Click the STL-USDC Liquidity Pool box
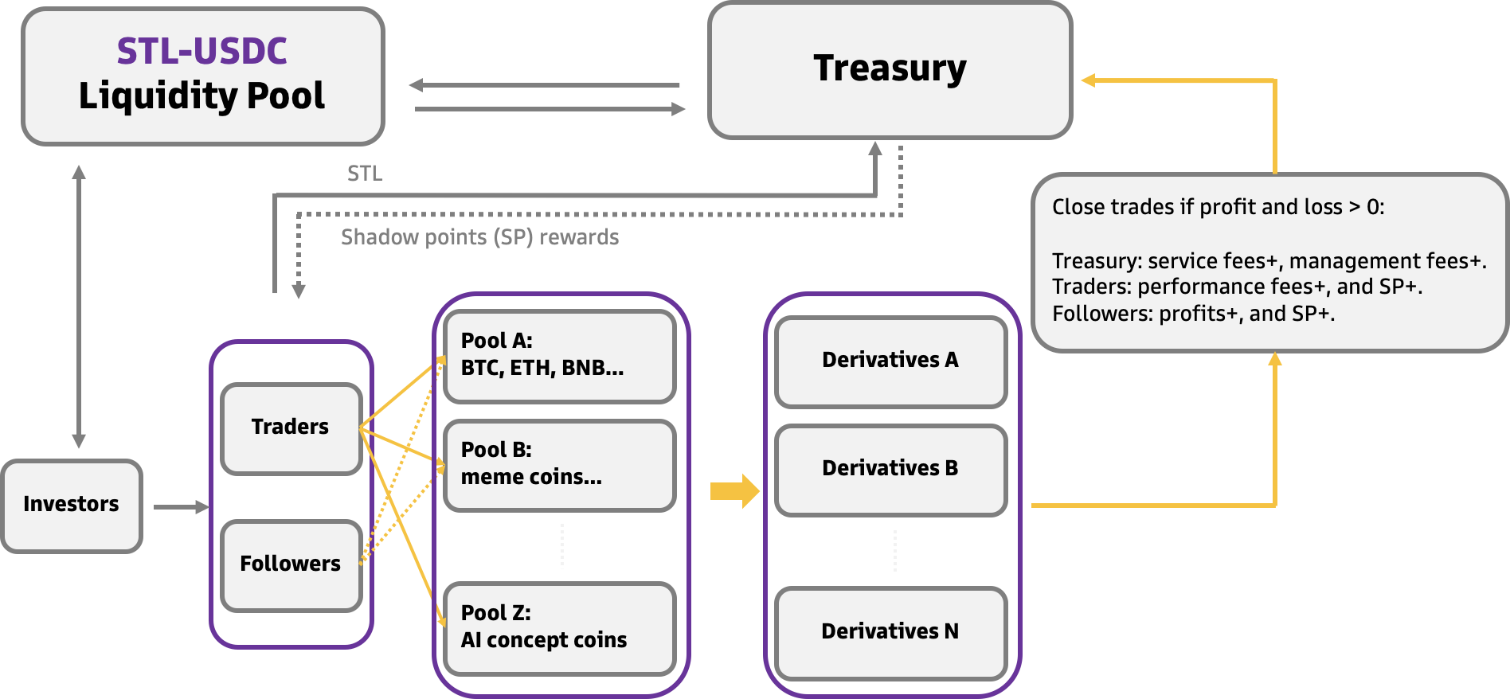[x=202, y=76]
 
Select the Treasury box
[x=890, y=70]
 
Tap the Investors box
[x=71, y=505]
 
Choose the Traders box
[x=291, y=428]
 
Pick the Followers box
[x=291, y=564]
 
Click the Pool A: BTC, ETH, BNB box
[x=559, y=355]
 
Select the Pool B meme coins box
[x=559, y=464]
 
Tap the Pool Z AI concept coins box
[x=559, y=627]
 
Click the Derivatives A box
[x=890, y=361]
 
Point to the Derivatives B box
[x=890, y=469]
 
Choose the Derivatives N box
[x=890, y=632]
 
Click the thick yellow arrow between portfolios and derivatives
[x=734, y=490]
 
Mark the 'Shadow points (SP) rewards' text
[x=479, y=237]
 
